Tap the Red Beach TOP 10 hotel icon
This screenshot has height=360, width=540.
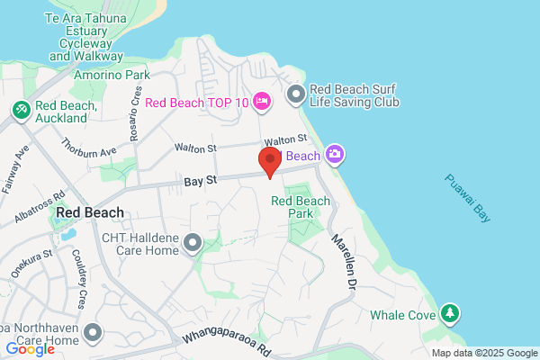[262, 100]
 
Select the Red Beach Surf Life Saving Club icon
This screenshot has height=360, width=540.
[295, 94]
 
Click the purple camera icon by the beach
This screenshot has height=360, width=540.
[335, 155]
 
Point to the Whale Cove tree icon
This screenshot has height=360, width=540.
[449, 314]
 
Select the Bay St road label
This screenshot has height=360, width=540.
[201, 181]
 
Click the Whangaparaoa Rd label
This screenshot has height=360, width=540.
[227, 340]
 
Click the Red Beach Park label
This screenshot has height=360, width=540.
[297, 207]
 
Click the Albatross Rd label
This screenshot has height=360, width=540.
[40, 207]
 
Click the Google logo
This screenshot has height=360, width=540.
[30, 349]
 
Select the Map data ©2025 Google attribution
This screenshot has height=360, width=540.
[483, 353]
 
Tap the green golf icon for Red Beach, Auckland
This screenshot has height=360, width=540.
[20, 109]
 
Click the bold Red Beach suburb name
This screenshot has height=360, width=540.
[89, 213]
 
